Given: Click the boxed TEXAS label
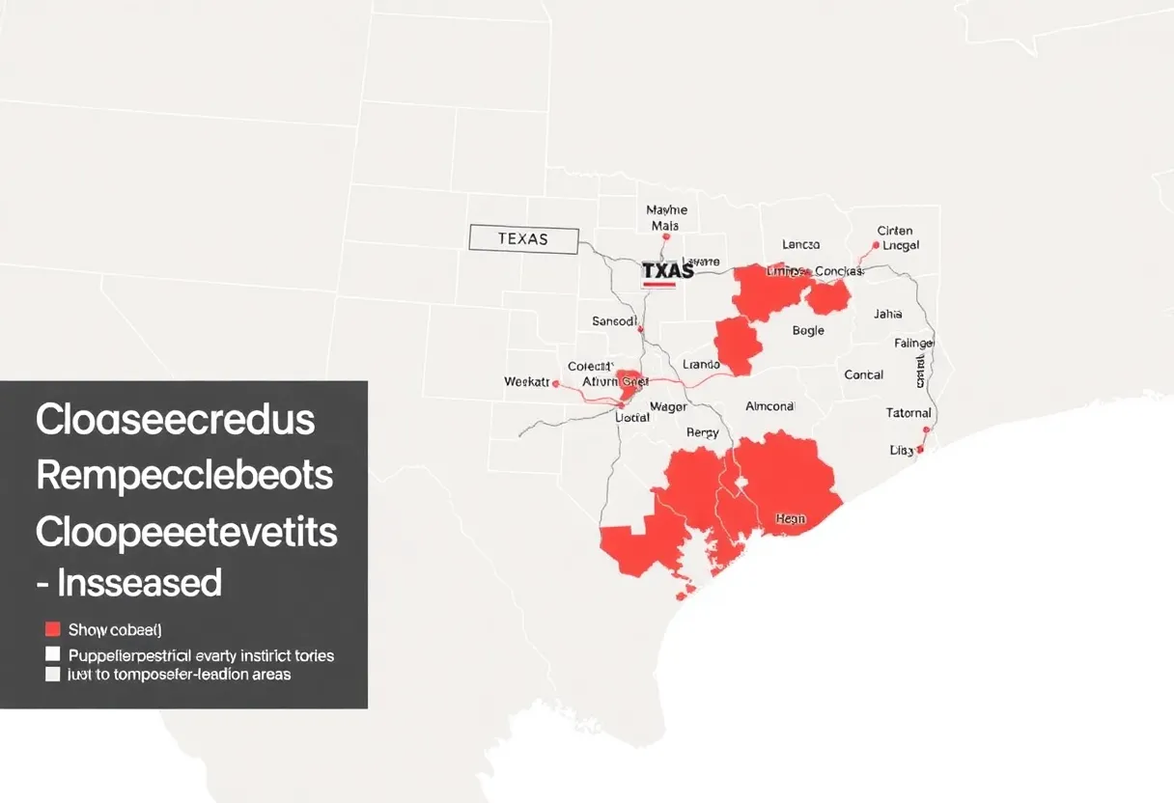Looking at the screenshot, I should point(523,239).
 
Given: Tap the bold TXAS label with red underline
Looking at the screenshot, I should point(667,272).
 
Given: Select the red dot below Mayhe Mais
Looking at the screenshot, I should point(666,236).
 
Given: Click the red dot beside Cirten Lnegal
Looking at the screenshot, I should point(876,245).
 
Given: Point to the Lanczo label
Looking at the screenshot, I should point(800,245).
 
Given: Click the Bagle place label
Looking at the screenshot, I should point(808,330).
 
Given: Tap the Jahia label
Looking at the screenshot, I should point(887,314).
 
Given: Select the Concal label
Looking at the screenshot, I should point(863,374).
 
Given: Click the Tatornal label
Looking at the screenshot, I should point(908,413).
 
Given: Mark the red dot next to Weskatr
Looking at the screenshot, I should point(556,383).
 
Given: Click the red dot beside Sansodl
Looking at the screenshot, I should point(640,329).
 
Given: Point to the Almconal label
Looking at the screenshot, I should point(769,406).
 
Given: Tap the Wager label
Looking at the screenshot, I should point(668,406).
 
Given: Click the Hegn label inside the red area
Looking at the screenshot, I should point(790,519).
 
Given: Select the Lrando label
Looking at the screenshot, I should point(701,365).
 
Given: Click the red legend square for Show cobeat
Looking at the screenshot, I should point(53,629).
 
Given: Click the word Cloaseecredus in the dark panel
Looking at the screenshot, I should point(175,420).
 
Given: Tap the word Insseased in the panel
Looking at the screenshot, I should point(139,583).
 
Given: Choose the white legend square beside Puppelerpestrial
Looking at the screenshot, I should point(53,654).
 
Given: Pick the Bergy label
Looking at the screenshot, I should point(702,433).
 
